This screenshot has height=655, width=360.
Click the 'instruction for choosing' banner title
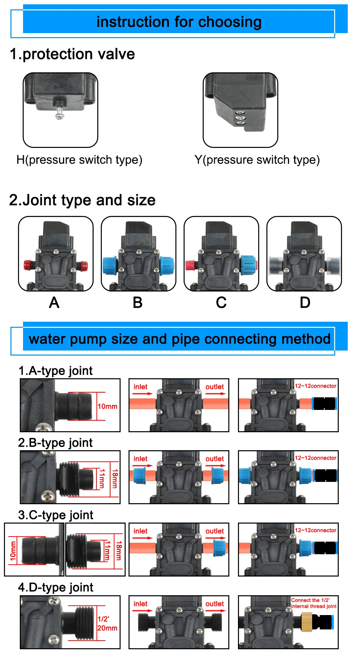pyautogui.click(x=179, y=22)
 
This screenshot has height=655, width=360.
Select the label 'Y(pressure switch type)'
pyautogui.click(x=257, y=160)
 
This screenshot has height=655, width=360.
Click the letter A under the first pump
pyautogui.click(x=54, y=303)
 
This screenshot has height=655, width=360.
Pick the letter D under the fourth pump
pyautogui.click(x=305, y=303)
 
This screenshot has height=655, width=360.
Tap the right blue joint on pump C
pyautogui.click(x=248, y=265)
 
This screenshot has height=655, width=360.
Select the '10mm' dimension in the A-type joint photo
pyautogui.click(x=107, y=406)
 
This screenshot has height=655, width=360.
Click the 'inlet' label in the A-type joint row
pyautogui.click(x=140, y=387)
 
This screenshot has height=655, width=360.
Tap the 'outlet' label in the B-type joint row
pyautogui.click(x=215, y=459)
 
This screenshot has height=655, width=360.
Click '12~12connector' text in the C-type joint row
pyautogui.click(x=316, y=530)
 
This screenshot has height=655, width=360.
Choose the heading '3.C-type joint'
pyautogui.click(x=56, y=515)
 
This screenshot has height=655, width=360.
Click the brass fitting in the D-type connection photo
pyautogui.click(x=306, y=622)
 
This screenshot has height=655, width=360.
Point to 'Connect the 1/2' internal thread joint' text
pyautogui.click(x=314, y=603)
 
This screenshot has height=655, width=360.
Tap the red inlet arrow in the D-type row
pyautogui.click(x=143, y=611)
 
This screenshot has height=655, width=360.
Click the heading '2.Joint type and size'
pyautogui.click(x=82, y=200)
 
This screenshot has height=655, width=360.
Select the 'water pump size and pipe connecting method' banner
pyautogui.click(x=179, y=339)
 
